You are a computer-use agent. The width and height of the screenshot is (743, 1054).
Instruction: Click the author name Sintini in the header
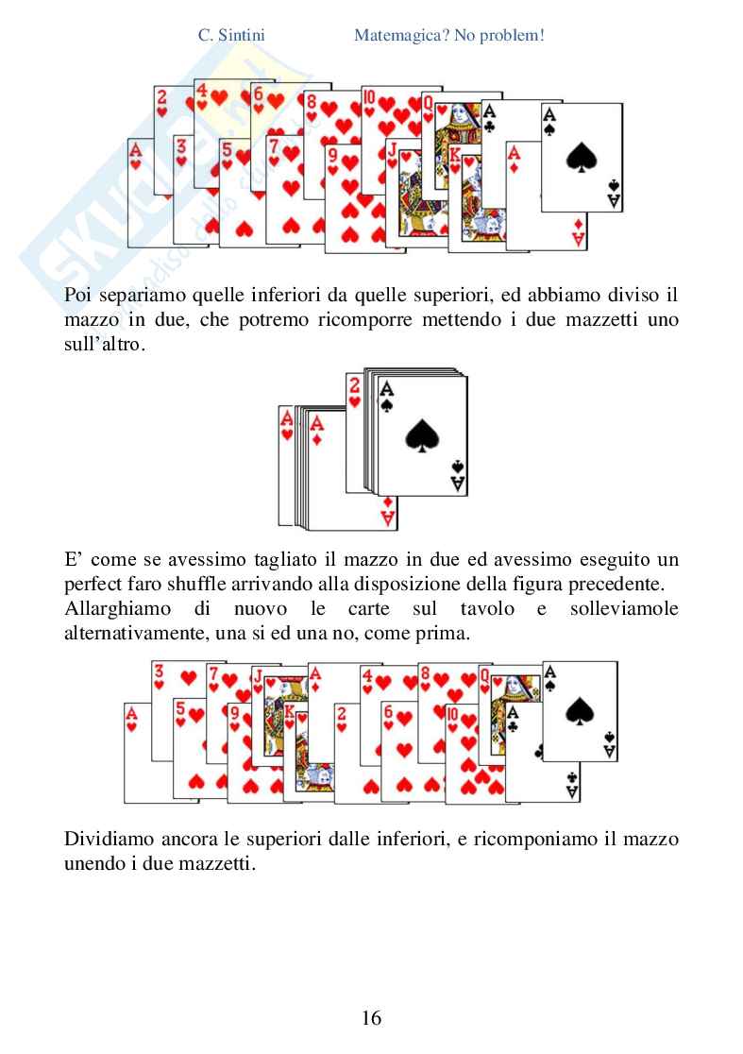[x=239, y=36]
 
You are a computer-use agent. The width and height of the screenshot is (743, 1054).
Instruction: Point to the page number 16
[x=371, y=1017]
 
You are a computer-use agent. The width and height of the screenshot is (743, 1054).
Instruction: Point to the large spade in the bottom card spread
[x=577, y=710]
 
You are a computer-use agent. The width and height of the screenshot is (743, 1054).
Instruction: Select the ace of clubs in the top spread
[x=489, y=118]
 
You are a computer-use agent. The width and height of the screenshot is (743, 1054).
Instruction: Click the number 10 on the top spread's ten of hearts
[x=369, y=96]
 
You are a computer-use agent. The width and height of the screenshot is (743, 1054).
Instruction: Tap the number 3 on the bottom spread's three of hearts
[x=160, y=671]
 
